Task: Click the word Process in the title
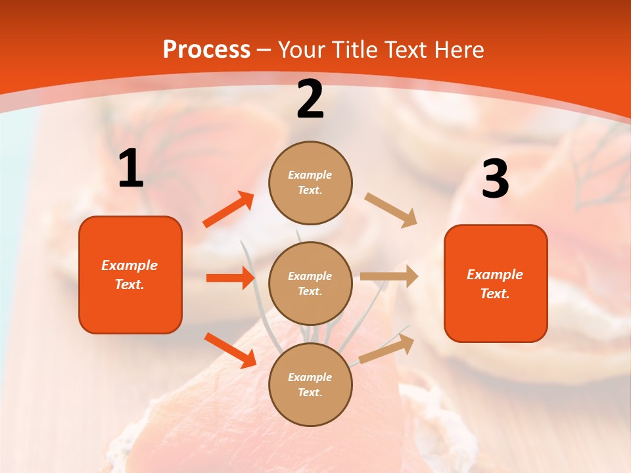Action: click(206, 49)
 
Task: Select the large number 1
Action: click(131, 169)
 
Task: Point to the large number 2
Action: click(310, 99)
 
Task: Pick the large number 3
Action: click(495, 179)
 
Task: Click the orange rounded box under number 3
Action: click(496, 318)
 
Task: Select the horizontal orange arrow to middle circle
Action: click(230, 278)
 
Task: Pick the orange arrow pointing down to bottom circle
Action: click(230, 349)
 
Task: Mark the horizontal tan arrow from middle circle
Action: click(388, 277)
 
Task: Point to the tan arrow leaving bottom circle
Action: click(386, 349)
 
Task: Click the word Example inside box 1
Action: click(129, 265)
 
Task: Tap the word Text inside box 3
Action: click(494, 294)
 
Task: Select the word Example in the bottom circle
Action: click(310, 377)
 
